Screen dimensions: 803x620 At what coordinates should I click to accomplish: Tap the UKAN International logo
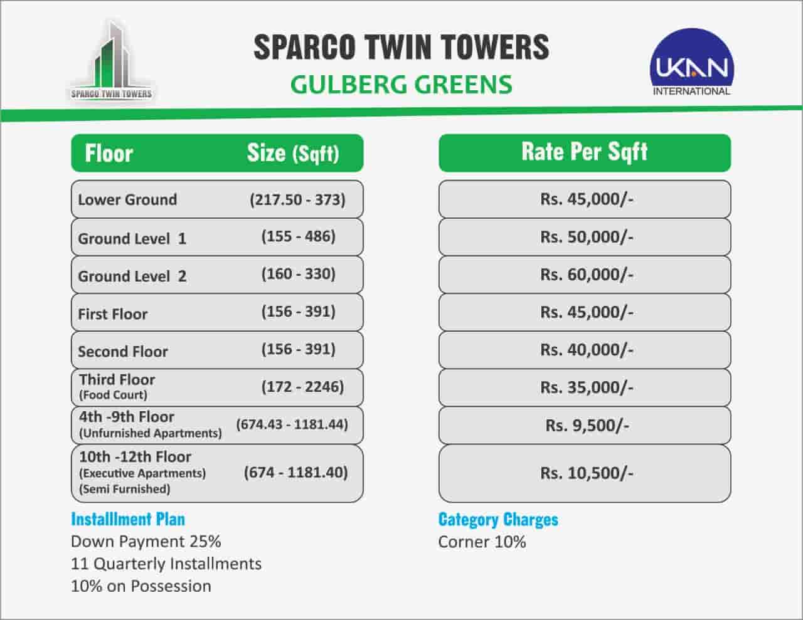click(x=691, y=62)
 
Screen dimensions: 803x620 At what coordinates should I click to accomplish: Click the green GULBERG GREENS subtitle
click(x=401, y=85)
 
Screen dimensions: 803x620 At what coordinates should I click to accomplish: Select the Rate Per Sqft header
click(x=585, y=152)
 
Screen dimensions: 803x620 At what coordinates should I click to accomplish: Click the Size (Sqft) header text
click(x=293, y=153)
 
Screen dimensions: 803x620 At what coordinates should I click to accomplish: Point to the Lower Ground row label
click(x=127, y=200)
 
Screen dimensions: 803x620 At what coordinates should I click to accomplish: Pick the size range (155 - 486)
click(x=299, y=236)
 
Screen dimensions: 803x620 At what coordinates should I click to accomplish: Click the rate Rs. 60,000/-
click(x=587, y=275)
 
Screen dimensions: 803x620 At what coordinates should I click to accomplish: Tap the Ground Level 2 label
click(x=132, y=276)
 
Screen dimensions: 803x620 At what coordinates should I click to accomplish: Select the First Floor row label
click(x=113, y=314)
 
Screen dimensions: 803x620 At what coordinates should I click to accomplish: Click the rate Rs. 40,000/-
click(x=587, y=350)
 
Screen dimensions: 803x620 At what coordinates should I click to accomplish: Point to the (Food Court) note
click(x=113, y=395)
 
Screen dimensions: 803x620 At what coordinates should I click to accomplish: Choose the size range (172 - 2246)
click(x=302, y=387)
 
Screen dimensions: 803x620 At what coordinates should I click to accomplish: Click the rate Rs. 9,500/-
click(x=587, y=426)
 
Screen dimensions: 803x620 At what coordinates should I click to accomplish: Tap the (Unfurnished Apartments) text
click(x=151, y=433)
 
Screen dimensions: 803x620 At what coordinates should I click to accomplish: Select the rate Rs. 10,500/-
click(x=587, y=473)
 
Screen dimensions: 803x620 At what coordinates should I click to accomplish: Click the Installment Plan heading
click(x=128, y=519)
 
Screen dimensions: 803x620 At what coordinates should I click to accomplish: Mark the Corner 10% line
click(x=482, y=542)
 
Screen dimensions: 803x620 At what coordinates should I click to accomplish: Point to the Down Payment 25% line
click(x=146, y=542)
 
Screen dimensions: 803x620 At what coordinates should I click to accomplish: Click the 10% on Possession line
click(x=141, y=586)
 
